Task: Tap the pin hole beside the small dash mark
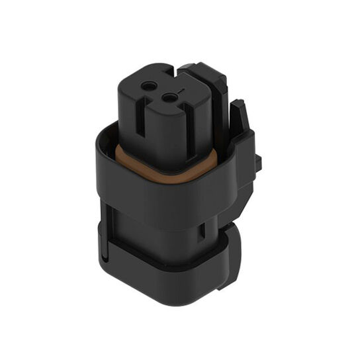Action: coord(171,99)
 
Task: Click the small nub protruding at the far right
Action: coord(258,161)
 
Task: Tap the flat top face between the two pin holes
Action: coord(161,92)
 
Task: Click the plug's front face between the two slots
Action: coord(165,132)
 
